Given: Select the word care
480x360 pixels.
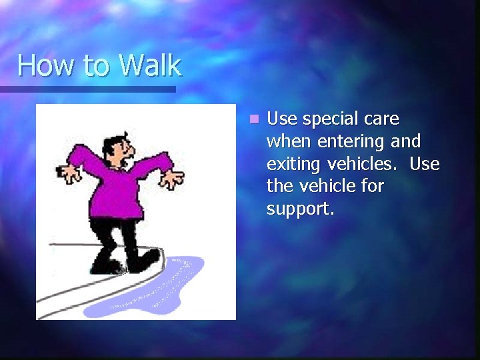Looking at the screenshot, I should coord(381,119).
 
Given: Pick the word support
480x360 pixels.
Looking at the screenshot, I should coord(299,209).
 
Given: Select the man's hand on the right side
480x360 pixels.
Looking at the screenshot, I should coord(172,178).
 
